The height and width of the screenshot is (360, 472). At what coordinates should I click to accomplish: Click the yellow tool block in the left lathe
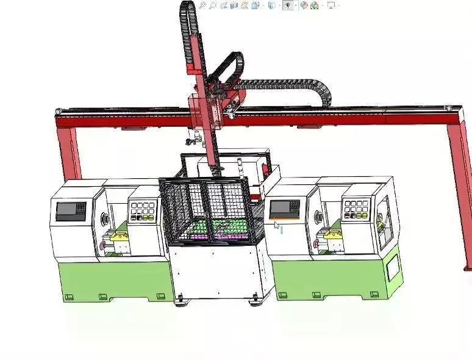click(x=120, y=233)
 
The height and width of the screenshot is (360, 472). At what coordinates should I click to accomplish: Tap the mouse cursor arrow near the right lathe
click(x=276, y=225)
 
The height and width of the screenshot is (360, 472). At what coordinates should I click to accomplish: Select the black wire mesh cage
click(x=207, y=211)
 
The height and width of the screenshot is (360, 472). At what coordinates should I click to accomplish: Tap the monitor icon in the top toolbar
click(x=331, y=5)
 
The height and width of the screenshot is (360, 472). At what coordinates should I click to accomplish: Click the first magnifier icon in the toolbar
click(x=202, y=5)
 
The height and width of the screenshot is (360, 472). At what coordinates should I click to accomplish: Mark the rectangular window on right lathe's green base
click(x=393, y=267)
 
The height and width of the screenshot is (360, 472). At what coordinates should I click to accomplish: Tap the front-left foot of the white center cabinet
click(x=181, y=300)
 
